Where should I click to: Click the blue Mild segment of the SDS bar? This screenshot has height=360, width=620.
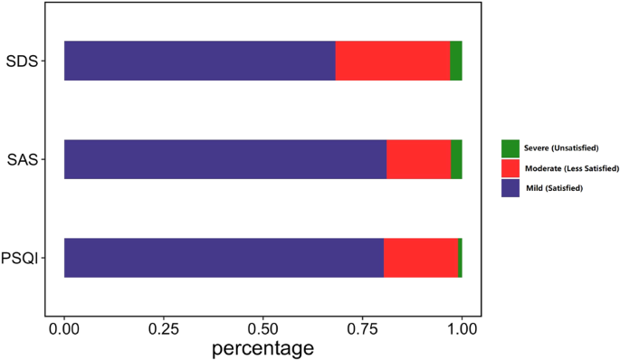click(x=199, y=61)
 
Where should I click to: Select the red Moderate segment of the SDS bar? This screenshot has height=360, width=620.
click(x=393, y=61)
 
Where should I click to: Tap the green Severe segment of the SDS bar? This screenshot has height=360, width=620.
click(x=456, y=61)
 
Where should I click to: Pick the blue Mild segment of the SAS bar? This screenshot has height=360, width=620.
click(x=225, y=160)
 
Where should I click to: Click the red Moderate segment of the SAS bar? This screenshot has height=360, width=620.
click(x=419, y=160)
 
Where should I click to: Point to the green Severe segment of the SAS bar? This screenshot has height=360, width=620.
click(x=456, y=160)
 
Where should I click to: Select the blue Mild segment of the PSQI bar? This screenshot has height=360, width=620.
click(x=224, y=258)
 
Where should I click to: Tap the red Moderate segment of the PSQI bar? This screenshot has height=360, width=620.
click(x=421, y=258)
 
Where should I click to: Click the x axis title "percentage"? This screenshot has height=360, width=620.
click(x=262, y=347)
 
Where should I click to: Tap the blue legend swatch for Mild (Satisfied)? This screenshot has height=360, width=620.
click(x=510, y=187)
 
